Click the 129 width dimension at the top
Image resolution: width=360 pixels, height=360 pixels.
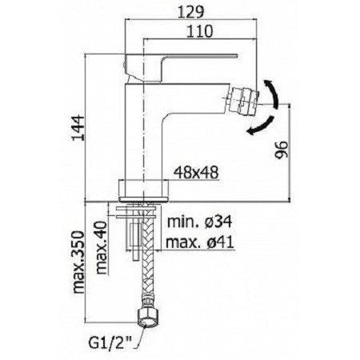pyautogui.click(x=190, y=12)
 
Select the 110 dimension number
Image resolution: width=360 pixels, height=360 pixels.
pyautogui.click(x=200, y=31)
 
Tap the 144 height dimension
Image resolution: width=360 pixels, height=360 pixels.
pyautogui.click(x=78, y=128)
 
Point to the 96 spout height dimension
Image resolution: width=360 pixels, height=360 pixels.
pyautogui.click(x=282, y=150)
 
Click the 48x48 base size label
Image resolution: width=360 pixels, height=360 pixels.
pyautogui.click(x=196, y=173)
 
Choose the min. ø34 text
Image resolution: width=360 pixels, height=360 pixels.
pyautogui.click(x=200, y=222)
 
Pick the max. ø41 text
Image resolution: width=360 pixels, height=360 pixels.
pyautogui.click(x=200, y=242)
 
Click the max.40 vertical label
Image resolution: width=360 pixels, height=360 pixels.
pyautogui.click(x=102, y=248)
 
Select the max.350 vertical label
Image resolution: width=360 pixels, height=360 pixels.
pyautogui.click(x=78, y=262)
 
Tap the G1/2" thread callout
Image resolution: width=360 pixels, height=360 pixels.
pyautogui.click(x=110, y=342)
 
